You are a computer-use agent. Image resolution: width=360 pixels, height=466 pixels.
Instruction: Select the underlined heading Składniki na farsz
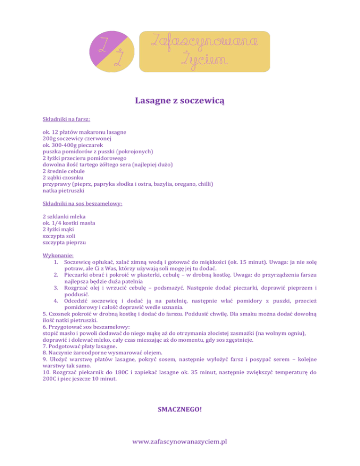pos(66,120)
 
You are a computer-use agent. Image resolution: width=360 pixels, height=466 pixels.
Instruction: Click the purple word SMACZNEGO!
pos(180,409)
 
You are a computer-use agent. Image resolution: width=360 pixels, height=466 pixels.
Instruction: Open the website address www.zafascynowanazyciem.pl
pos(180,442)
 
